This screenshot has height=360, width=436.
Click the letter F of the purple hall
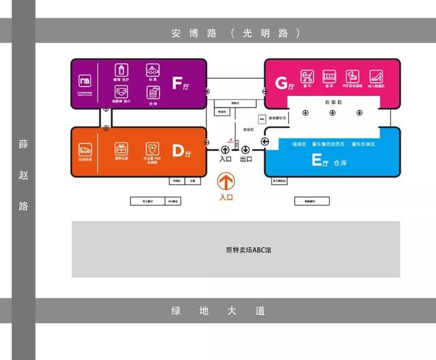coord(176,83)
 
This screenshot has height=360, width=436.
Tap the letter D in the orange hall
coord(178,151)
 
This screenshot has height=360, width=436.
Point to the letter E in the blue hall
coord(315,161)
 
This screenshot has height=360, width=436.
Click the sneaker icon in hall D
coord(86,148)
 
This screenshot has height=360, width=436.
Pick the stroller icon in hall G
coord(307,76)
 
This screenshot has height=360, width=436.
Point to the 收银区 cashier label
coord(332,101)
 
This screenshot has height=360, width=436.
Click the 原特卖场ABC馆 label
coord(249,250)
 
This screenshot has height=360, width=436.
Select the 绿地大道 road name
coord(217,312)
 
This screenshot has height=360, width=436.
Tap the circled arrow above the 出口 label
coord(245,150)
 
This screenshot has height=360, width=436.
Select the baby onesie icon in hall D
coord(152,148)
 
